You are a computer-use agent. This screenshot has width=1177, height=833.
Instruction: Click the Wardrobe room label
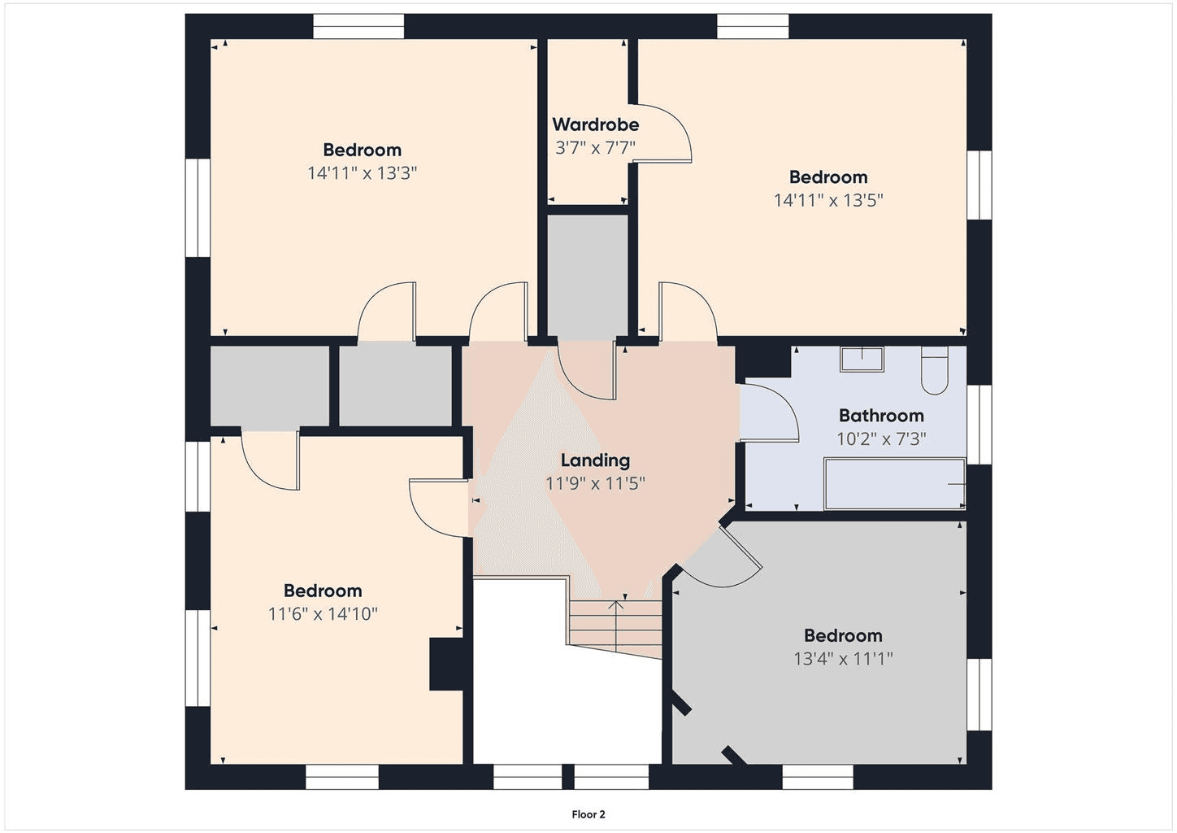595,124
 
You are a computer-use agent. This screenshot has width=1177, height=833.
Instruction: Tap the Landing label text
595,460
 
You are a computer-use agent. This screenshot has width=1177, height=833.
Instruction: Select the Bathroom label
881,416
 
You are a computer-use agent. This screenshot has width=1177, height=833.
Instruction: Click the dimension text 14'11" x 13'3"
362,173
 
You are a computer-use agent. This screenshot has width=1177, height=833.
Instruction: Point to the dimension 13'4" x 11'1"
844,658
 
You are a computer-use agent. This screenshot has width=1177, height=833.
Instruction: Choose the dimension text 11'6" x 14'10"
323,613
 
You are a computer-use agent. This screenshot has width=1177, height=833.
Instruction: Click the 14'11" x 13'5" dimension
828,200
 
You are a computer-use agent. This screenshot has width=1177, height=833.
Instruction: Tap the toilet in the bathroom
935,370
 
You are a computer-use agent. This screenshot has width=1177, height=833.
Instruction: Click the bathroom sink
862,359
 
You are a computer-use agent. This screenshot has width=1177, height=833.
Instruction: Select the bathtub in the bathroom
895,484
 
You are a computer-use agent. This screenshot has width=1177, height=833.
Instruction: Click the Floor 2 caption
588,814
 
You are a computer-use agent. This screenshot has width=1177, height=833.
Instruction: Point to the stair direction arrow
616,626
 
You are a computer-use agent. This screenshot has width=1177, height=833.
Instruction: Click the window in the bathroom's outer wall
979,425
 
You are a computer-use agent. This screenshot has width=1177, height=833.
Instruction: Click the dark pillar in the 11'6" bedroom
446,664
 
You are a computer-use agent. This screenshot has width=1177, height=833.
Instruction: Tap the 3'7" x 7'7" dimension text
595,148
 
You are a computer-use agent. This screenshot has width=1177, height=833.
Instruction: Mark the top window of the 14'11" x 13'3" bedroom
359,26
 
